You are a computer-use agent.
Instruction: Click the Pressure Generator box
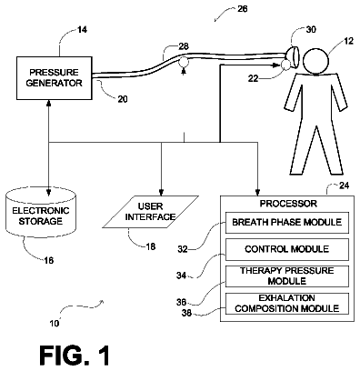click(54, 78)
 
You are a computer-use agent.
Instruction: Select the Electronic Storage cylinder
click(41, 213)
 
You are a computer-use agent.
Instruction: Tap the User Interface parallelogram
click(151, 212)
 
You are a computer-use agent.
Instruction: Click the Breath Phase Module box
click(286, 223)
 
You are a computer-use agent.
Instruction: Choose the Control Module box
click(286, 249)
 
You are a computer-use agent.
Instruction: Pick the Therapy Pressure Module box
click(286, 276)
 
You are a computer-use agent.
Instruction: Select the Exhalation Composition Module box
click(286, 303)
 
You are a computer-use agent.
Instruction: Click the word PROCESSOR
click(288, 204)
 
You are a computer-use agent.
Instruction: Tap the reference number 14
click(82, 30)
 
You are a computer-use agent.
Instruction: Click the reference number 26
click(242, 9)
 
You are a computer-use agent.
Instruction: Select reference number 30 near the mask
click(311, 29)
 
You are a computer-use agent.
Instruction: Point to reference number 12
click(348, 41)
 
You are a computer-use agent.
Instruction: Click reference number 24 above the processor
click(344, 185)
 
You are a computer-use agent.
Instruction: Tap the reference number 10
click(55, 324)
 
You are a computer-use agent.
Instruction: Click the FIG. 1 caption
click(75, 355)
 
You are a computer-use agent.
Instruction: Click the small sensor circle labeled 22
click(285, 65)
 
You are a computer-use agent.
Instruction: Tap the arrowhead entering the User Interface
click(161, 193)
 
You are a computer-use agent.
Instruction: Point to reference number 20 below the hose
click(123, 99)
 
